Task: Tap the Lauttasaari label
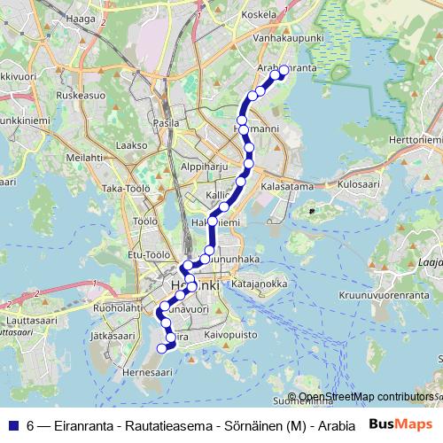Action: click(x=31, y=317)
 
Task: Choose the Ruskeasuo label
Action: click(x=81, y=93)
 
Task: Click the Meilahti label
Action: click(x=84, y=157)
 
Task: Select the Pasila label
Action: click(x=167, y=123)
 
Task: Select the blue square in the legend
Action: click(x=12, y=424)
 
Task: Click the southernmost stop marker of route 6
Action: click(x=161, y=348)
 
